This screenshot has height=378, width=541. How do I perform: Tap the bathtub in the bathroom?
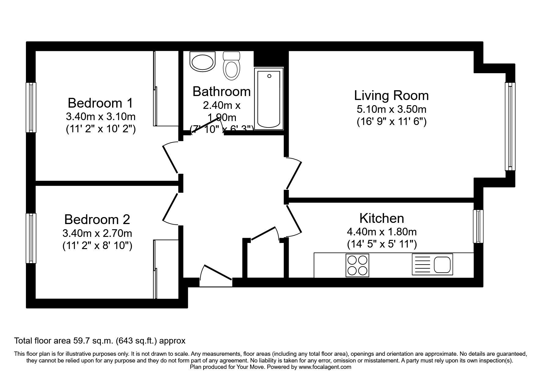269,99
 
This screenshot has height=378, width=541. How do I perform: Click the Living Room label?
391,96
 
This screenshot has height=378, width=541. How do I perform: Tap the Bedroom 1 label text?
100,103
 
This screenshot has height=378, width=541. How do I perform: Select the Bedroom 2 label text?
97,219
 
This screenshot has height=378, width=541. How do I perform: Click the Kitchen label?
382,218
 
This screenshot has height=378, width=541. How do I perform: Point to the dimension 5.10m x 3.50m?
391,109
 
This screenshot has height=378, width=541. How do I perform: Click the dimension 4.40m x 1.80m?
382,232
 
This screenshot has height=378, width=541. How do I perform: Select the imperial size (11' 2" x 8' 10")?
97,246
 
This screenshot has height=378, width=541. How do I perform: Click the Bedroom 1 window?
31,107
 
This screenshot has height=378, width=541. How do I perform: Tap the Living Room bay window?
510,126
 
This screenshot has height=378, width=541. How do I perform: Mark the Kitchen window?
478,226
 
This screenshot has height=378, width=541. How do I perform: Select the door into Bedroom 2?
170,209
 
